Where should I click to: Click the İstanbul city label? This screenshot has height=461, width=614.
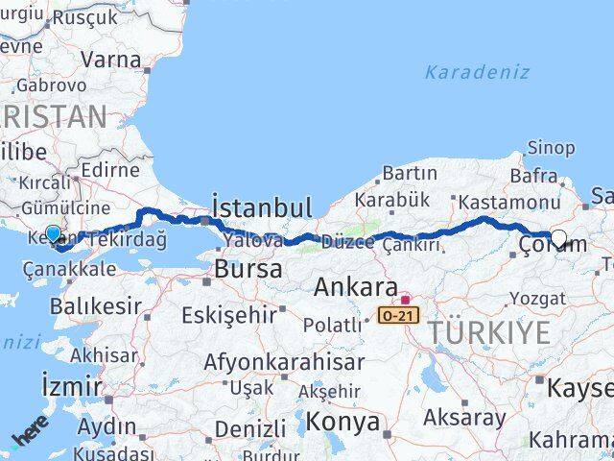tap(262, 207)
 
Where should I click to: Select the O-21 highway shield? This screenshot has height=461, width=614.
tap(398, 315)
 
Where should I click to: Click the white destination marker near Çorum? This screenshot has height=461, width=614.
tap(558, 240)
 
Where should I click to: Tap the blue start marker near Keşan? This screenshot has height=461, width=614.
tap(53, 233)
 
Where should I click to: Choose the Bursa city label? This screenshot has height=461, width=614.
tap(248, 269)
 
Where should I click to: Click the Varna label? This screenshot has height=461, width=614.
tap(110, 59)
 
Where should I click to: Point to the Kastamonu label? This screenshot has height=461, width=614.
tap(508, 202)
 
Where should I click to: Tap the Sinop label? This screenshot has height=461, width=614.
tap(553, 148)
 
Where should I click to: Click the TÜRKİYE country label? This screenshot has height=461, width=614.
tap(489, 332)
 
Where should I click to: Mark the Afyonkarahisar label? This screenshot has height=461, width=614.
tap(284, 362)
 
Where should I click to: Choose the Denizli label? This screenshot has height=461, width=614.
tap(249, 428)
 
